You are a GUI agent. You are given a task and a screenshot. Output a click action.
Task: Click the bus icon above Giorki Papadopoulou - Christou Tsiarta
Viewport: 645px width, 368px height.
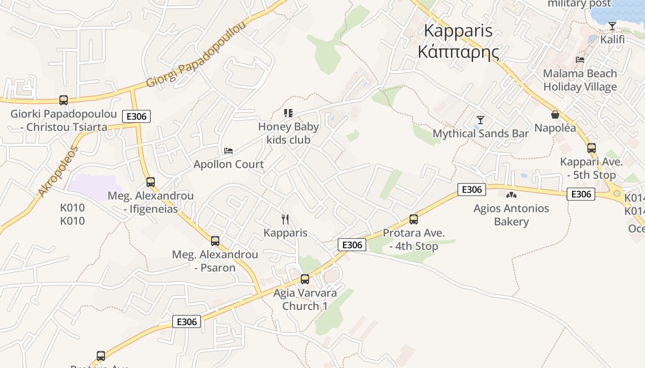click(x=64, y=100)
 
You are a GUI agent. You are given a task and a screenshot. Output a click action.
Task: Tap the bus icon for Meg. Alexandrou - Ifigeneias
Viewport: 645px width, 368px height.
click(x=151, y=182)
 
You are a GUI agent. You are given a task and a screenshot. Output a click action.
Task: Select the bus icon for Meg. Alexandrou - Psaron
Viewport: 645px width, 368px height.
click(x=215, y=241)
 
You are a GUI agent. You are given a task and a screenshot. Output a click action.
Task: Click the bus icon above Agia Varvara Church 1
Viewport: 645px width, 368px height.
click(x=305, y=279)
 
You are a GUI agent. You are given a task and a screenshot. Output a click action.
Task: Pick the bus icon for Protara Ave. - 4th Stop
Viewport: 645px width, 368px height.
click(x=414, y=219)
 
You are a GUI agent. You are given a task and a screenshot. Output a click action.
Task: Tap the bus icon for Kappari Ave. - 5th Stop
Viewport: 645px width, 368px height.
click(x=592, y=148)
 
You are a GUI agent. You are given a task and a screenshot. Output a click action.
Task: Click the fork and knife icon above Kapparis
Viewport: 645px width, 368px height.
click(x=285, y=219)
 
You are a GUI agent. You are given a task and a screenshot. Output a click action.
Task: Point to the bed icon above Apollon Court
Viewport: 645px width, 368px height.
click(x=229, y=151)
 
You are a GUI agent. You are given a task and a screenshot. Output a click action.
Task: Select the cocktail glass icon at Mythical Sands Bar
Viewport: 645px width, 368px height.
click(x=481, y=120)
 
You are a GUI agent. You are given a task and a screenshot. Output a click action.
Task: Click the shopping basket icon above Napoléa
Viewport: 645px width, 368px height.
click(x=555, y=115)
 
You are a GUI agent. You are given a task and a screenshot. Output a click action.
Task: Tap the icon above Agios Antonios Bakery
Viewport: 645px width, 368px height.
click(x=511, y=195)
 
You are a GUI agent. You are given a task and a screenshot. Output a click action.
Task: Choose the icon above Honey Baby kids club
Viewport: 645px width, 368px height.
click(x=288, y=113)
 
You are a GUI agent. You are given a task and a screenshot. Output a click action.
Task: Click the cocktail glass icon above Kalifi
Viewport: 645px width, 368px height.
click(x=612, y=26)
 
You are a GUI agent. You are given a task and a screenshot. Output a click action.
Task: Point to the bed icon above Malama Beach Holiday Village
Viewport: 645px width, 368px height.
click(x=580, y=60)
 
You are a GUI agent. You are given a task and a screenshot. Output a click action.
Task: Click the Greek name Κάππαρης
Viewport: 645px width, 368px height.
click(x=458, y=52)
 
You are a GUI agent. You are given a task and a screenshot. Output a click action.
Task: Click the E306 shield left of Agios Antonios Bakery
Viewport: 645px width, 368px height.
click(x=472, y=190)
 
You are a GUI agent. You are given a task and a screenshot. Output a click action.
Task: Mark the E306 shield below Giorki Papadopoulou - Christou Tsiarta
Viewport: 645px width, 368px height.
click(x=136, y=116)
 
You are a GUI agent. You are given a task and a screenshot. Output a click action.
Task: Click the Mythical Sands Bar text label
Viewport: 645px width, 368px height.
click(x=481, y=134)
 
